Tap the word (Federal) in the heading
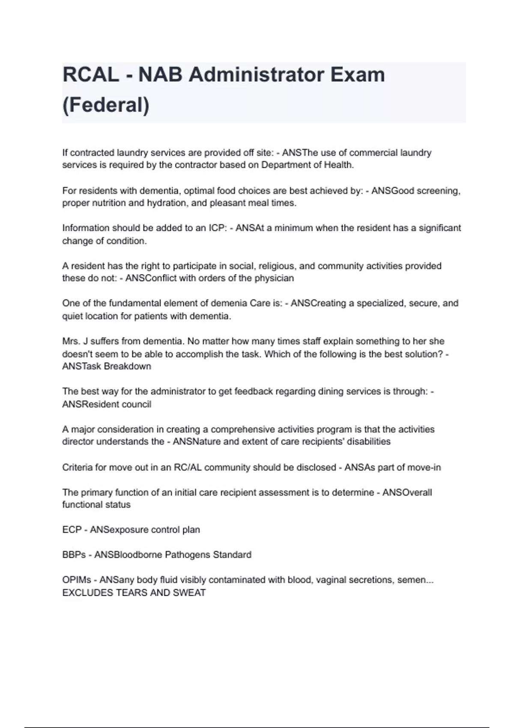tap(106, 105)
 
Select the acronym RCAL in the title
tap(91, 75)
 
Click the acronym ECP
tap(72, 530)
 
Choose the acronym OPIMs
tap(77, 580)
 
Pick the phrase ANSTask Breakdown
tap(107, 367)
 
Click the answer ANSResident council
tap(107, 404)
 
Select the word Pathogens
tap(186, 555)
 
